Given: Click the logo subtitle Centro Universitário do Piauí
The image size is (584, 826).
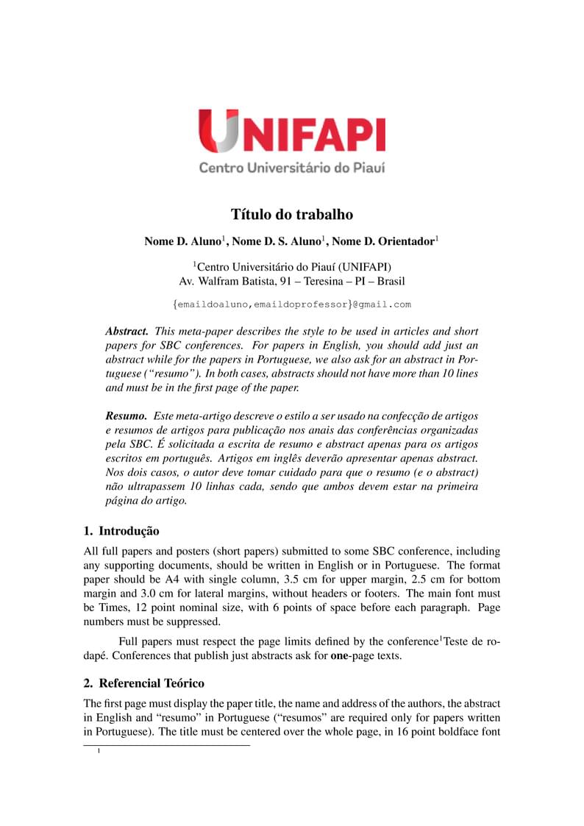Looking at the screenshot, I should coord(292,167).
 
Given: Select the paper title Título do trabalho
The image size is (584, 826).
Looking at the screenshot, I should coord(292,215).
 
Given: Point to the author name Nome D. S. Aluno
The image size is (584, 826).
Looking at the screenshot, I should coord(277,241).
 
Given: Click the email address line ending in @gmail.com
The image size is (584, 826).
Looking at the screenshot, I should coord(292,304).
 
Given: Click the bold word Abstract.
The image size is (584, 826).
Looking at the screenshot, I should coord(127,332).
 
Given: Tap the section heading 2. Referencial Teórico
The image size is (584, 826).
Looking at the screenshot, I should coord(143,683).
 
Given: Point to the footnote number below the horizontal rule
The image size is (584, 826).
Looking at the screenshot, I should coord(99,752).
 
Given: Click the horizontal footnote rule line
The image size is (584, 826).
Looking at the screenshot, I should coord(167,746).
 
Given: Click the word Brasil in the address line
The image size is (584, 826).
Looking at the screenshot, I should coord(391,281).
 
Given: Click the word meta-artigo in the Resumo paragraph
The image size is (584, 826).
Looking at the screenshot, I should coord(202,416).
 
